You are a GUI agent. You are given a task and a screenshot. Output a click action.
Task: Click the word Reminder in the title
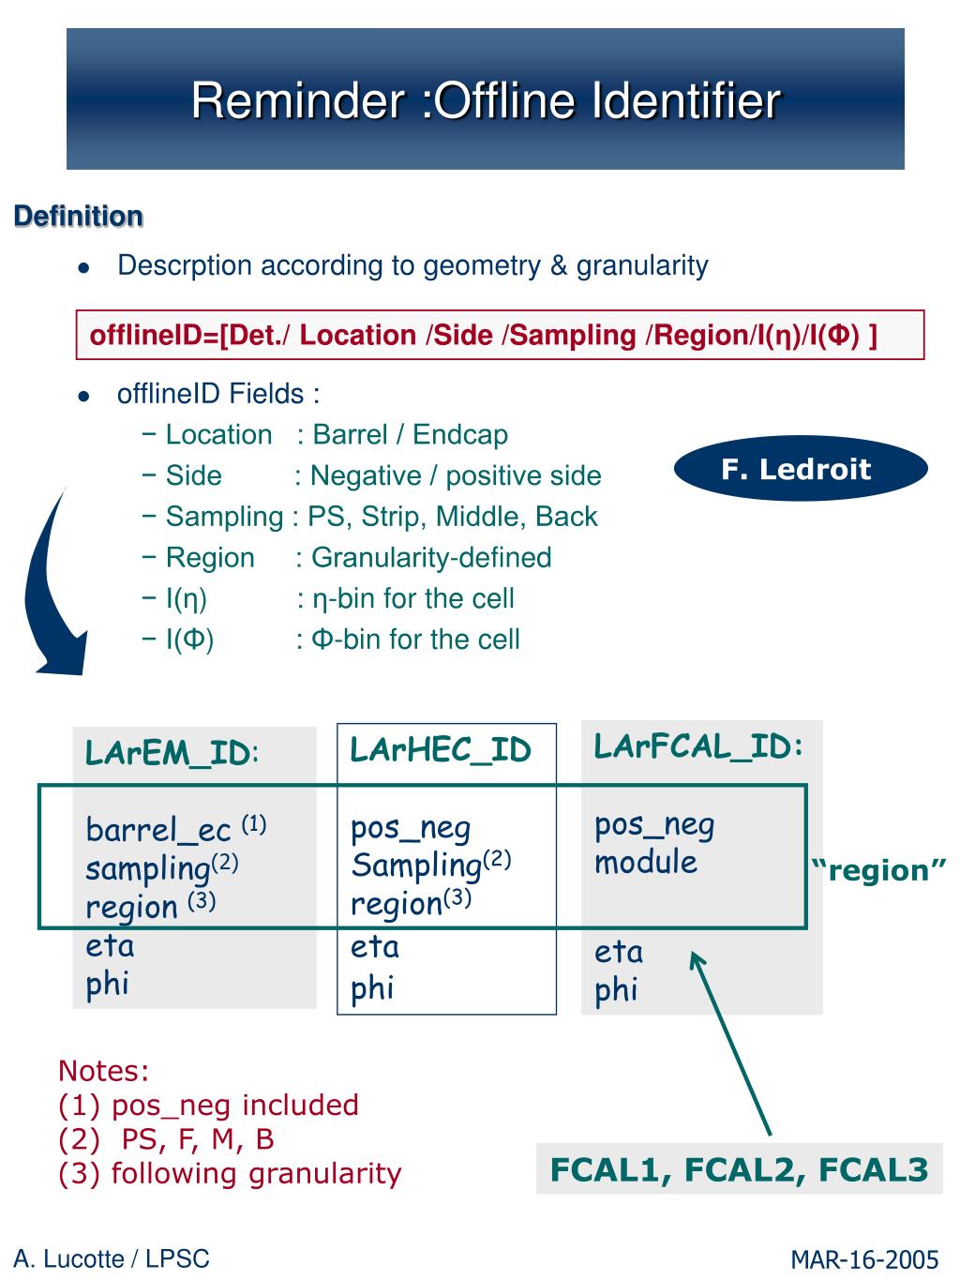(x=298, y=100)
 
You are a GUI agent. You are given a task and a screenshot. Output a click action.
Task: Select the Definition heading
(x=79, y=216)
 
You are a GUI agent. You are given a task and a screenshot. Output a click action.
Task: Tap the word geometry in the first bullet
(x=482, y=266)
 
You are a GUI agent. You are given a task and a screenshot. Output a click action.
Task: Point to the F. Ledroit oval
(x=801, y=468)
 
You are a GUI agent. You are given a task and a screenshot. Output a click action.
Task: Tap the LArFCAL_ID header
(x=698, y=745)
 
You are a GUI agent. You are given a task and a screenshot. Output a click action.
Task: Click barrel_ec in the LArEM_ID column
(x=157, y=829)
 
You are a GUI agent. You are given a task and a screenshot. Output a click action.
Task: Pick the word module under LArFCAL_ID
(x=646, y=862)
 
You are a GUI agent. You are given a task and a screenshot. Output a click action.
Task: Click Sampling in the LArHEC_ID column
(x=415, y=866)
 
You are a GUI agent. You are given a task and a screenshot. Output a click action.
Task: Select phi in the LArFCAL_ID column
(x=616, y=990)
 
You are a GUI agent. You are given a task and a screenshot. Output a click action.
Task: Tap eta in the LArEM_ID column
(x=110, y=946)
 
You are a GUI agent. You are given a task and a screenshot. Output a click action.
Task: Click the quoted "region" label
(x=878, y=871)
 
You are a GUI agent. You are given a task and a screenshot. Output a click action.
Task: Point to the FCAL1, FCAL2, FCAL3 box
(x=739, y=1168)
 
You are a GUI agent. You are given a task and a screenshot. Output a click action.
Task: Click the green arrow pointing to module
(x=730, y=1044)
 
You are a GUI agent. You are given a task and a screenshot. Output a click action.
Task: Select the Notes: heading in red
(x=104, y=1070)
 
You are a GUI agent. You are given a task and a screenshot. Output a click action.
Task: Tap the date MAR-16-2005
(x=863, y=1259)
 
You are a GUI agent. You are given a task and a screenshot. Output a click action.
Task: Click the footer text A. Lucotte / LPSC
(x=112, y=1258)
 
